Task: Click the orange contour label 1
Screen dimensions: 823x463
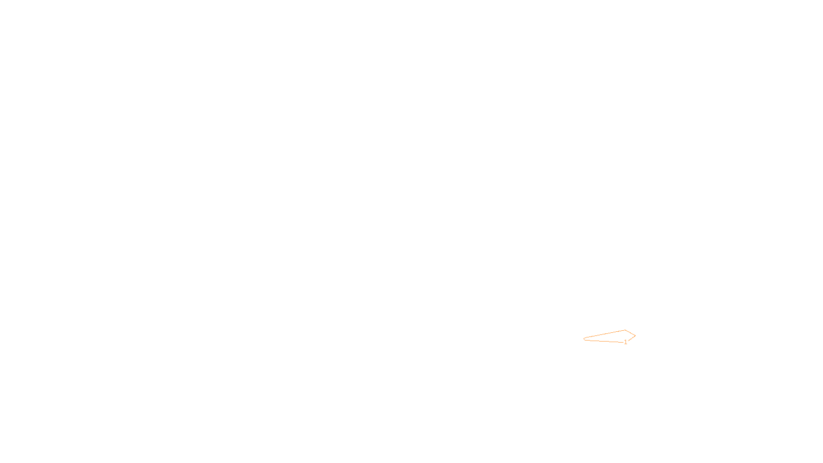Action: click(x=625, y=342)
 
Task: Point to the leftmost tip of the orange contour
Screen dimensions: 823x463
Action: click(x=584, y=339)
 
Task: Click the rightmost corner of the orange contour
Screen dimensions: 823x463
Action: click(x=635, y=335)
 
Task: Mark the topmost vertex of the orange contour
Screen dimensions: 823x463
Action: click(x=625, y=330)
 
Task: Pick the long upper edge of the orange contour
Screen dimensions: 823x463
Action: click(x=604, y=334)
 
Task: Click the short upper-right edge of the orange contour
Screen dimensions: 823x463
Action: click(x=630, y=333)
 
